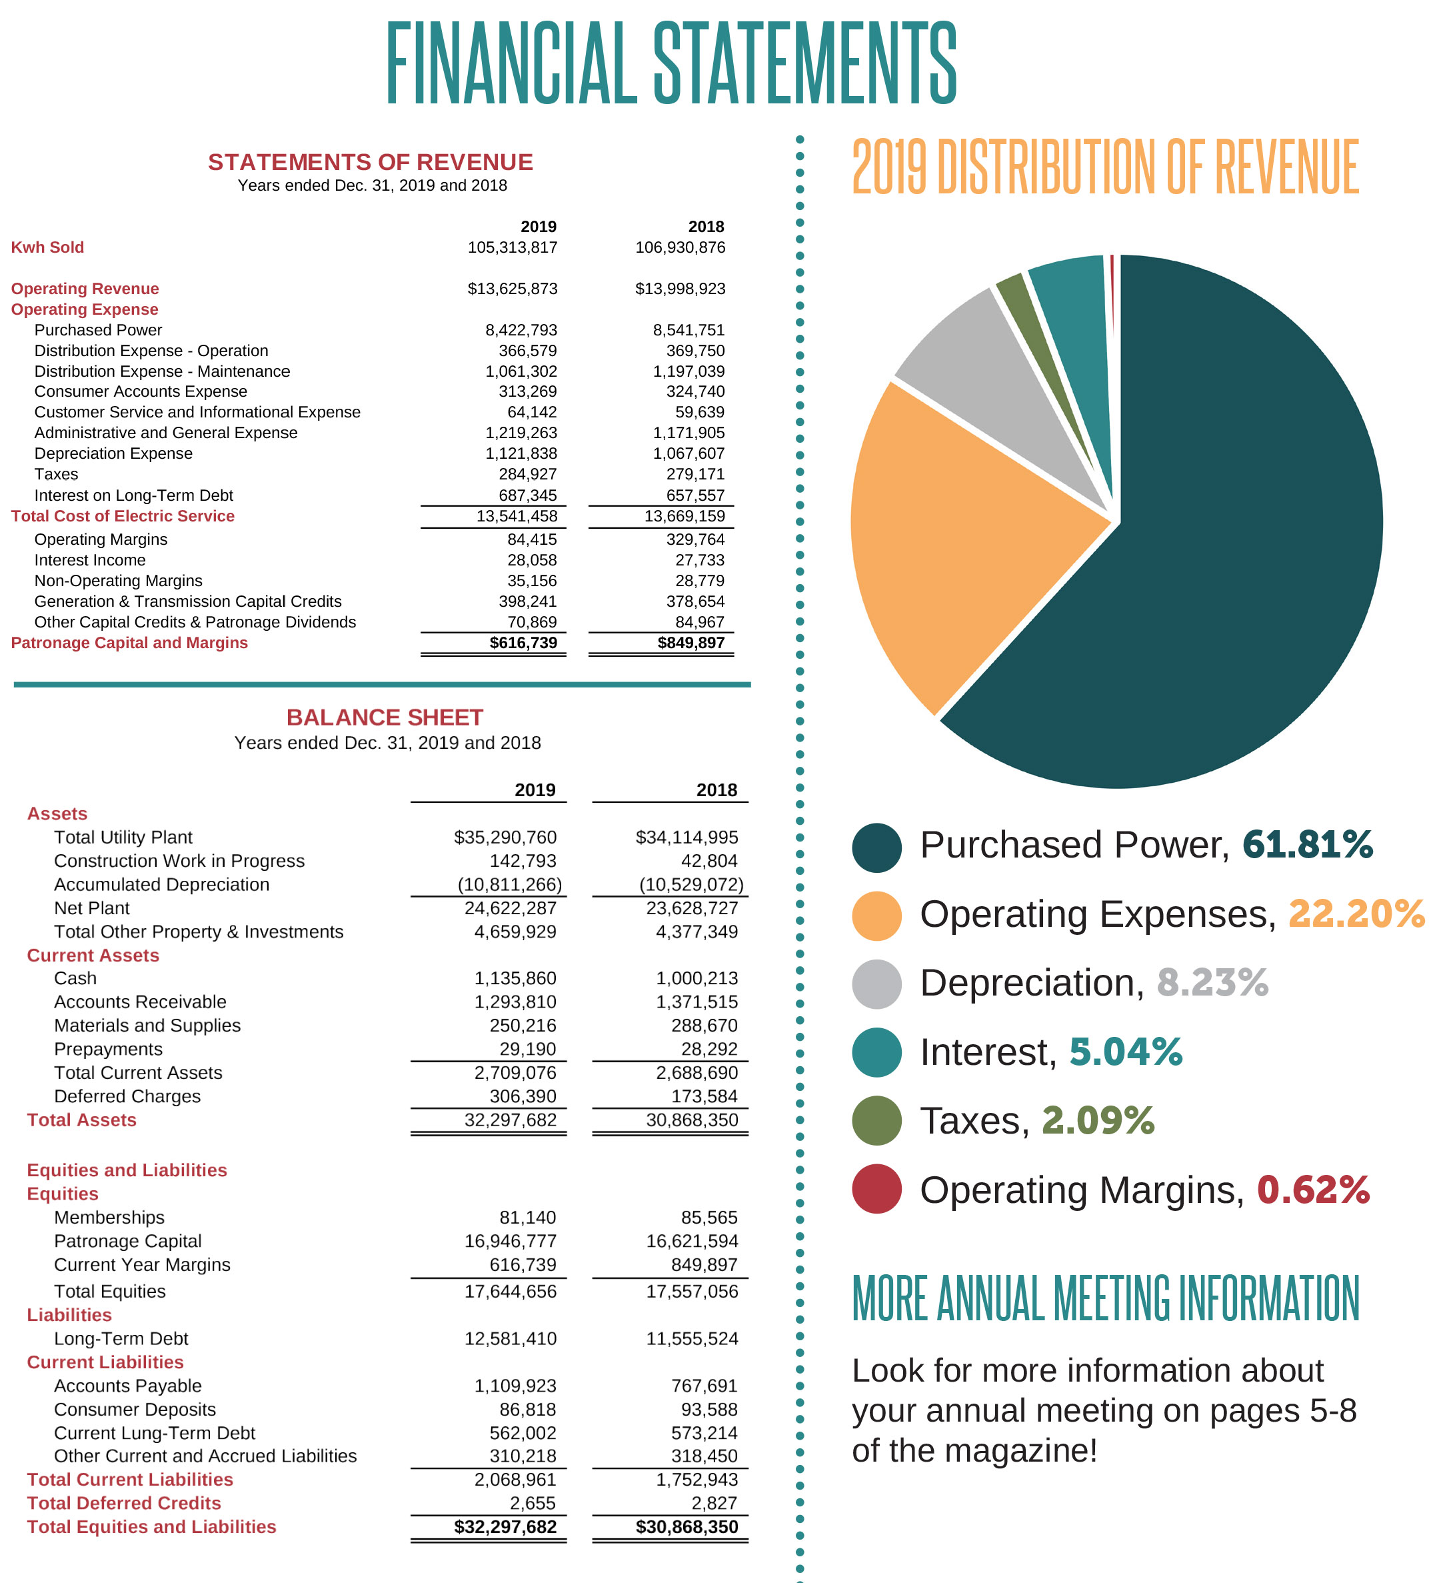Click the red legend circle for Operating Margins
pos(876,1188)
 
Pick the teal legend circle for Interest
pos(876,1052)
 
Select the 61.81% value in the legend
pos(1307,844)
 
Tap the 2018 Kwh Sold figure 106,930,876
pos(681,247)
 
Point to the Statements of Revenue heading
pos(370,162)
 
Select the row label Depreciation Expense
pos(113,453)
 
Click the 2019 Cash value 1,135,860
pos(515,978)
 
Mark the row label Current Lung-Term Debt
pos(155,1432)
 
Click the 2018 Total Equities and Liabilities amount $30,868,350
pos(687,1526)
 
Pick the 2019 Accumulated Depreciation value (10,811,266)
pos(509,884)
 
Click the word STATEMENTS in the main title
pos(804,63)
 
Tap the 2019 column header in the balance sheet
pos(535,790)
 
